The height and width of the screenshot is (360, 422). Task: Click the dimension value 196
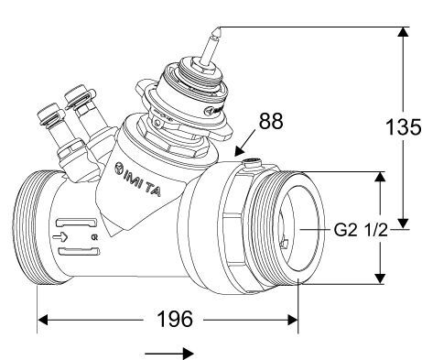pos(174,319)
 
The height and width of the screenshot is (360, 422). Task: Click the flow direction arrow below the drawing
pos(173,351)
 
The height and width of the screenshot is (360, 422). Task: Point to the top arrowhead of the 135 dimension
pos(401,33)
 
